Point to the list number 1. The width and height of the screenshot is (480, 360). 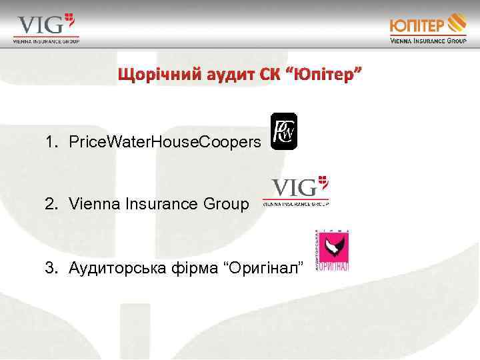coord(50,142)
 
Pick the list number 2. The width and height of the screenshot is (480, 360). coord(50,204)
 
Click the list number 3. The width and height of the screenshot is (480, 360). coord(50,267)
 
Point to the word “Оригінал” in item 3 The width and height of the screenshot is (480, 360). coord(266,267)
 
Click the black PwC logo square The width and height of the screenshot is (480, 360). coord(284,131)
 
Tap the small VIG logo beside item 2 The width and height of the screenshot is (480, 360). coord(296,191)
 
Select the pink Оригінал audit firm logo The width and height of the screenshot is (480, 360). coord(331,250)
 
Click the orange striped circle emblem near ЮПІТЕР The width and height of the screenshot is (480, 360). coord(457,22)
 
